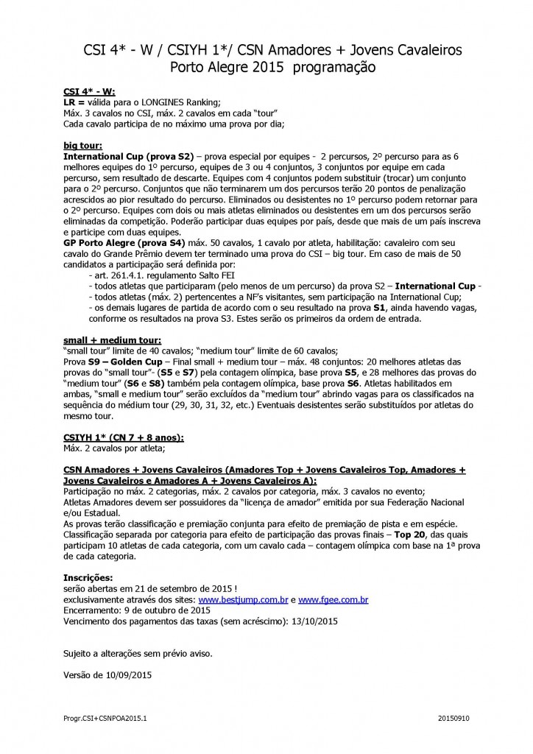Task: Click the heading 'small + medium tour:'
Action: pyautogui.click(x=110, y=341)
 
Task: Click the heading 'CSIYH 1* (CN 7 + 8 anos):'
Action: pyautogui.click(x=124, y=437)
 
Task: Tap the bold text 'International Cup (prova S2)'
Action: pyautogui.click(x=128, y=157)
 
